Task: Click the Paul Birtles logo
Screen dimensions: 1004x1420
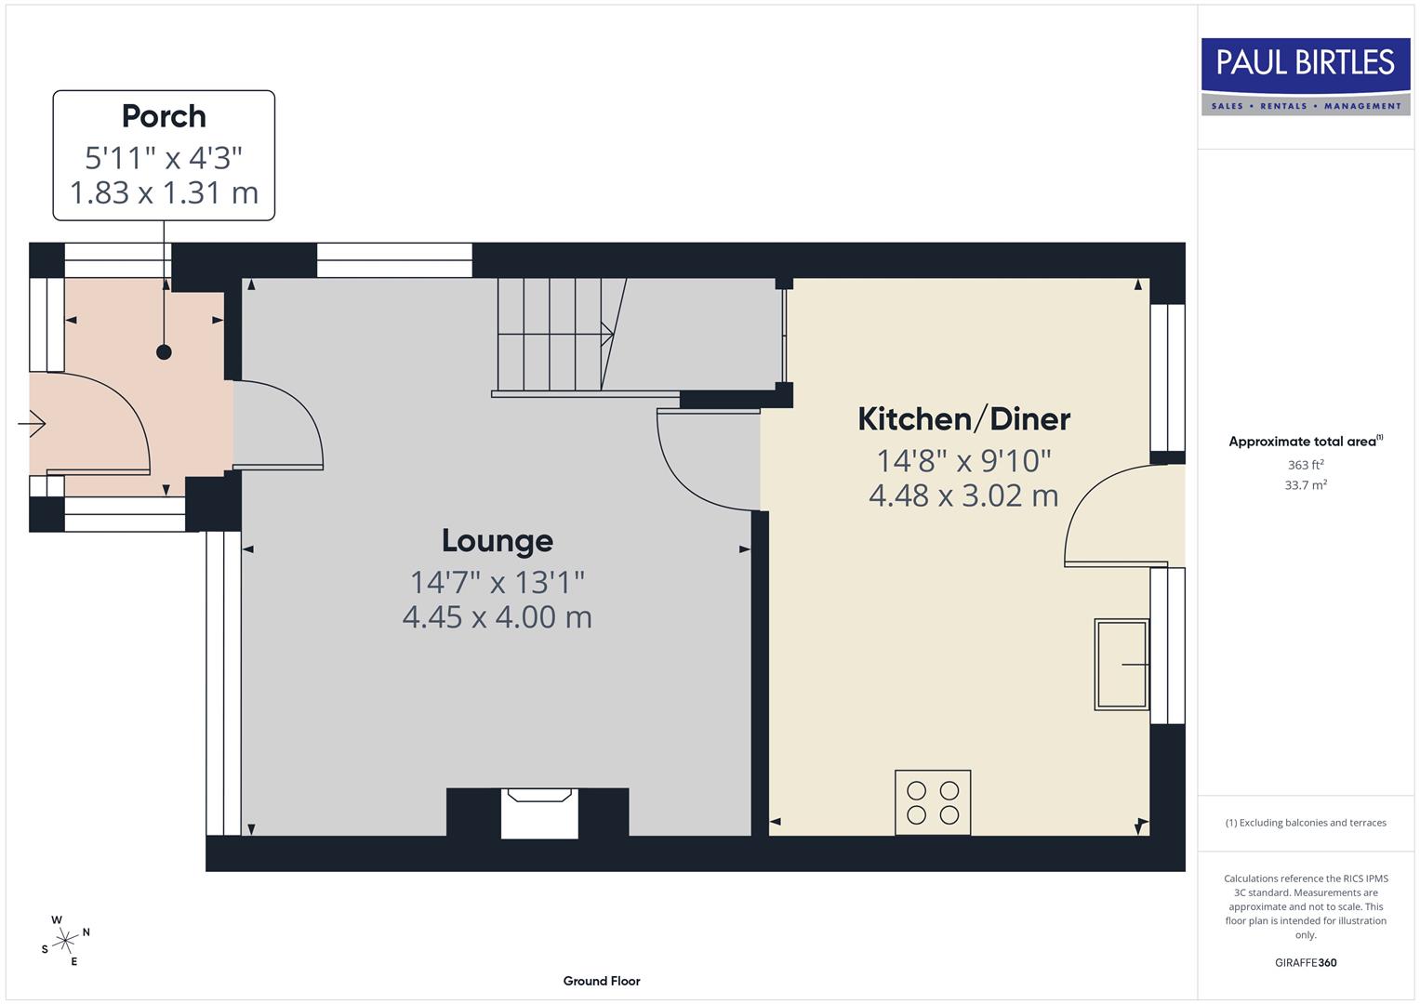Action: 1305,76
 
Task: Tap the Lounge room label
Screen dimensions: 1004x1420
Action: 497,540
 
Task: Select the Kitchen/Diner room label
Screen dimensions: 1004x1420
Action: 963,419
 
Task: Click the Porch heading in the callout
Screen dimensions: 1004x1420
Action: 164,116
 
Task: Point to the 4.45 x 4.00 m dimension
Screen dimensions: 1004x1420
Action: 497,617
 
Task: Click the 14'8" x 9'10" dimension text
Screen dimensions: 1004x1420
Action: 963,460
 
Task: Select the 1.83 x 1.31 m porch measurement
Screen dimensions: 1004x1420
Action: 164,192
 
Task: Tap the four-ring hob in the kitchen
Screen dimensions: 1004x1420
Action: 933,802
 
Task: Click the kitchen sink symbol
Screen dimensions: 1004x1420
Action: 1121,665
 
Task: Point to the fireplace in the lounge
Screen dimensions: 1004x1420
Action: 539,812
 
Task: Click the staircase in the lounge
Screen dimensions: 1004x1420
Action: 556,335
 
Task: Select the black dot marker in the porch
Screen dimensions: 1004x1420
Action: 164,351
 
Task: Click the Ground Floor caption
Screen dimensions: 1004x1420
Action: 602,981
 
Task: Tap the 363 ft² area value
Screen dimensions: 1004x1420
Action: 1305,465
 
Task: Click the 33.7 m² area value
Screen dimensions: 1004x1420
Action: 1305,485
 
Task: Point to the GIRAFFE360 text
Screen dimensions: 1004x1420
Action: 1305,962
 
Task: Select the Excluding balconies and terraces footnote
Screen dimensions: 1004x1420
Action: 1305,823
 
